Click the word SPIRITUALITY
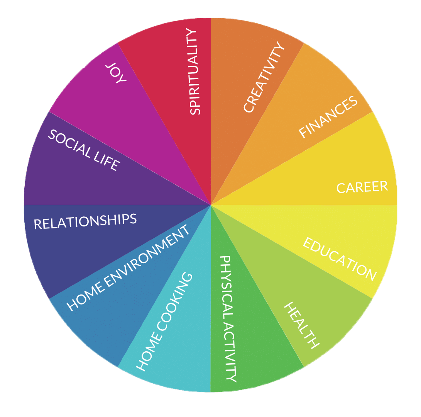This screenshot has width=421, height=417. pos(196,72)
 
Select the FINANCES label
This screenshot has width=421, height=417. pos(328,117)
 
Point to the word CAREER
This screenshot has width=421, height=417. pos(362,187)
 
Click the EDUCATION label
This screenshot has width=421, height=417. pos(339,259)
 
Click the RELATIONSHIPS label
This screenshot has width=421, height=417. pos(85,221)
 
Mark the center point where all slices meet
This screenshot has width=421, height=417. pos(211,205)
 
